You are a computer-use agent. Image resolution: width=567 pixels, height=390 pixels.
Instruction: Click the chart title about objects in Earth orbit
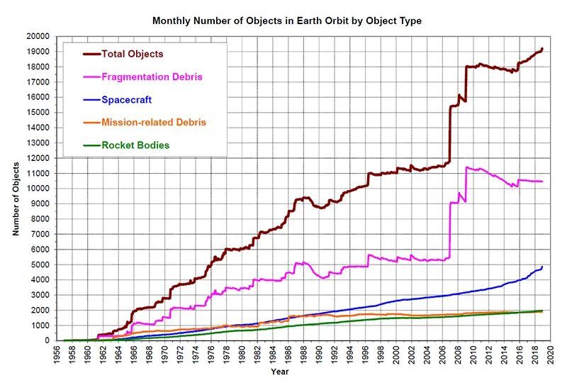287,21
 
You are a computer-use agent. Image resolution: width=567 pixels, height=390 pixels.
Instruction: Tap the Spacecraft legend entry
126,99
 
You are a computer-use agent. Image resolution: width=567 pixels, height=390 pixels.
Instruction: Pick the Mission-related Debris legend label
153,123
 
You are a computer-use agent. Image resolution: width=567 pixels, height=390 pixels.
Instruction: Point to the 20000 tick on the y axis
38,36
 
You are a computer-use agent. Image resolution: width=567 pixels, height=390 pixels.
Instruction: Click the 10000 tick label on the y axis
38,189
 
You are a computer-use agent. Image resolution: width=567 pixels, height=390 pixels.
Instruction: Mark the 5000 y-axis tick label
40,264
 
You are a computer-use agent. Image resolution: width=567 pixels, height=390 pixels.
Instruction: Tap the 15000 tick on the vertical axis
38,112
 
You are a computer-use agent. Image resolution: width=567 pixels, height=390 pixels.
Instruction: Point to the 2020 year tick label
550,355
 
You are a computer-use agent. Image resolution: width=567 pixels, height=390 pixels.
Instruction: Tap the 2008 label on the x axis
457,355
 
